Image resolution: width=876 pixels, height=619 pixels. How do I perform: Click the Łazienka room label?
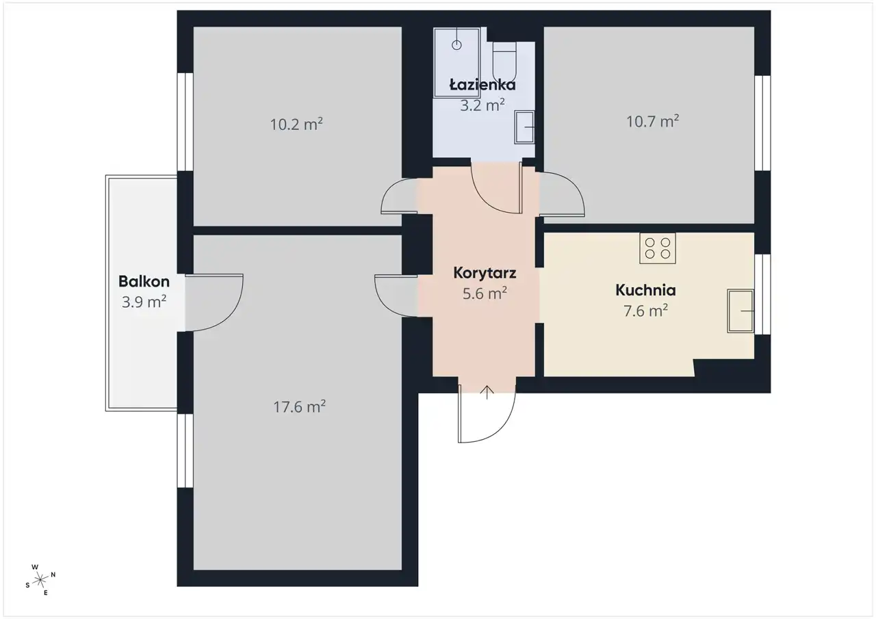(482, 84)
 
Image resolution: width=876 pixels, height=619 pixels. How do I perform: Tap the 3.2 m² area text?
(482, 105)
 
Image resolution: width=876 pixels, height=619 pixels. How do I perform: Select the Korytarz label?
(485, 273)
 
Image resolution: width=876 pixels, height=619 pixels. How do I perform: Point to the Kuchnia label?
(645, 290)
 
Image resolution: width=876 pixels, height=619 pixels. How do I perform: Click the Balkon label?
(144, 281)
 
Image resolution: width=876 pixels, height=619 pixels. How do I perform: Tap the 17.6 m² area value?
(299, 407)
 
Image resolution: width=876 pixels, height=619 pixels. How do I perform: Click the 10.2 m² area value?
(296, 124)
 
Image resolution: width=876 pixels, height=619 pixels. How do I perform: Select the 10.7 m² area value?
(653, 122)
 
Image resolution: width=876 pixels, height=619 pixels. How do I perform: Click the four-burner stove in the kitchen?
(658, 248)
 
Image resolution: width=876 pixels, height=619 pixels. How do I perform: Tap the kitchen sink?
(740, 311)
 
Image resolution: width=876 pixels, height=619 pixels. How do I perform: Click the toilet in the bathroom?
(504, 62)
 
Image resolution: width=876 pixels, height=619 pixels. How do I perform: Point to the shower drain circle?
(456, 45)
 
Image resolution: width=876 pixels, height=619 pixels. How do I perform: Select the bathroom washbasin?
(524, 127)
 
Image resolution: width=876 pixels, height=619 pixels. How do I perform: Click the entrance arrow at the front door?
(487, 392)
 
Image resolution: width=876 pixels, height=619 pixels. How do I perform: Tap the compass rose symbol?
(40, 580)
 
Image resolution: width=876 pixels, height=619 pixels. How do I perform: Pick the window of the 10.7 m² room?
(762, 123)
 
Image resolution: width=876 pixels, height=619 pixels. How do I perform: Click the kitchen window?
(762, 294)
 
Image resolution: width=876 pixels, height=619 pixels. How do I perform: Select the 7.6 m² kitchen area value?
(645, 311)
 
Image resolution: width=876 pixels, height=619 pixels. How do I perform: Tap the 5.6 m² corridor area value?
(485, 293)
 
